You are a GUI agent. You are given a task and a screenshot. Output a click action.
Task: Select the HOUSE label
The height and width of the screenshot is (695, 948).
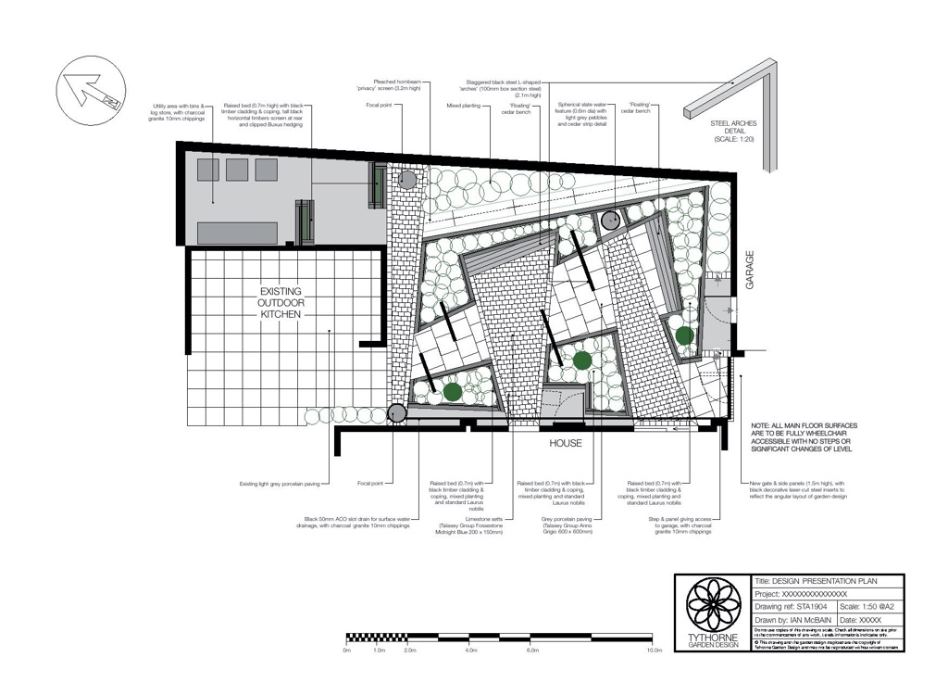(566, 444)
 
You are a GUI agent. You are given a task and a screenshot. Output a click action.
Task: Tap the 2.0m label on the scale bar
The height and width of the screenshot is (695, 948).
(409, 651)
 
